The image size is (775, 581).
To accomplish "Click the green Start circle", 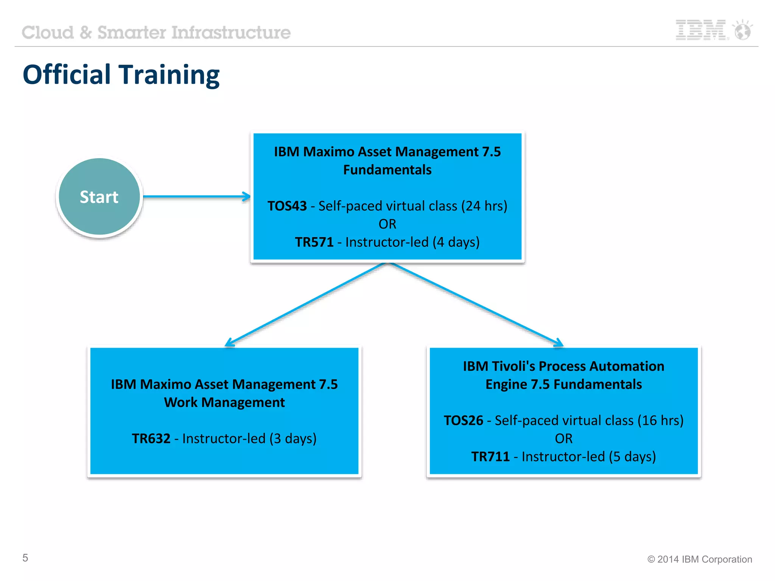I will (x=99, y=197).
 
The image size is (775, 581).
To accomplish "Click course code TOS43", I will (x=287, y=206).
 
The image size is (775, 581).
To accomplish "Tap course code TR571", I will (x=314, y=242).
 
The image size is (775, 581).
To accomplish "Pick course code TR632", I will (x=151, y=438).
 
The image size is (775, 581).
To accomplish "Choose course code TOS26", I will (x=463, y=421).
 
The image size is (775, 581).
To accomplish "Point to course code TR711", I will (x=490, y=457).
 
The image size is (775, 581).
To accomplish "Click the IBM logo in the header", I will (x=701, y=30).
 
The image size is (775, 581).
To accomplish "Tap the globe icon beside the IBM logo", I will (x=742, y=30).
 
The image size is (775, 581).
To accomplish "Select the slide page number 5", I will (x=25, y=558).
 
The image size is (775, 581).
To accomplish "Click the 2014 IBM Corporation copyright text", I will (x=700, y=559).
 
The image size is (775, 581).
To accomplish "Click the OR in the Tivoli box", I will (x=563, y=439).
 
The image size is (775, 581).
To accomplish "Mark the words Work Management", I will (x=224, y=402).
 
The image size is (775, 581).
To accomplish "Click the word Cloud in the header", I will (x=48, y=33).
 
